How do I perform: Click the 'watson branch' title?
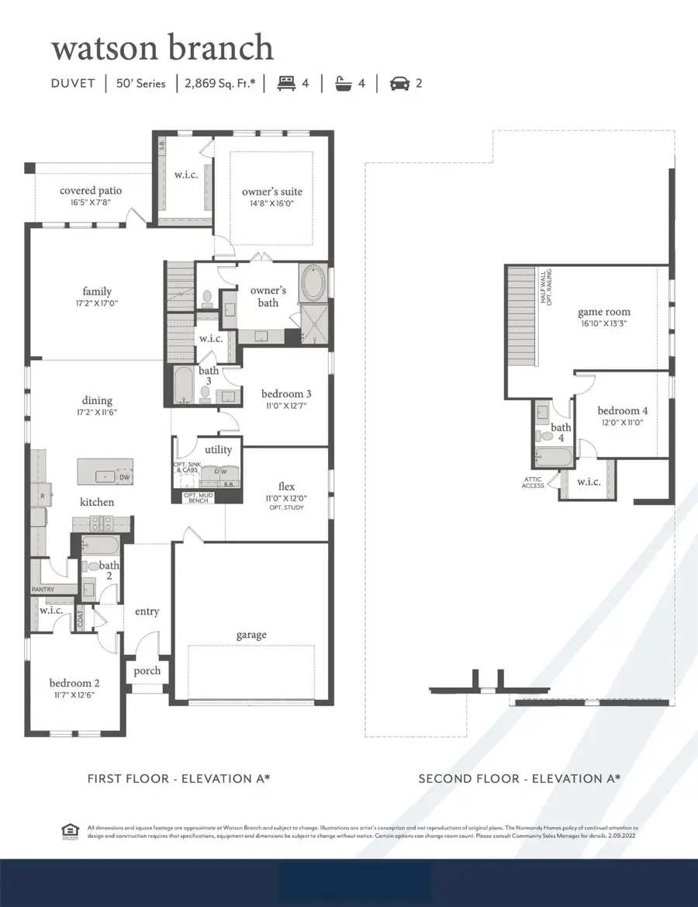pyautogui.click(x=162, y=48)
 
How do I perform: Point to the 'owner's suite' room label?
pyautogui.click(x=271, y=192)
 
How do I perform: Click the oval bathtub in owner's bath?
pyautogui.click(x=313, y=285)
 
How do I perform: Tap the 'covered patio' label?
pyautogui.click(x=91, y=191)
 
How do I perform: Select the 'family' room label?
pyautogui.click(x=98, y=292)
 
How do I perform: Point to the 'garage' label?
pyautogui.click(x=251, y=635)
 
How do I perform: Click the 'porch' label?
pyautogui.click(x=147, y=670)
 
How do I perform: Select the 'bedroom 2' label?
pyautogui.click(x=74, y=683)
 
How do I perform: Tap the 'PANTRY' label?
pyautogui.click(x=43, y=590)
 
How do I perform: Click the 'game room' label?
pyautogui.click(x=603, y=312)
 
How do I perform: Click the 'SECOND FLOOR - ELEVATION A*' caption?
pyautogui.click(x=520, y=778)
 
